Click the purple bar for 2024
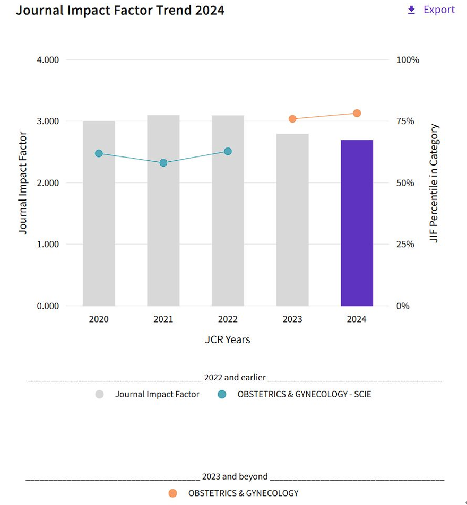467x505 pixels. [357, 223]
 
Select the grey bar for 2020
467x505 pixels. [99, 223]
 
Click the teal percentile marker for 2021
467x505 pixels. [163, 163]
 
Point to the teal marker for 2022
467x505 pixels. [228, 151]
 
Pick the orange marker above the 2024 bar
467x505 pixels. [357, 113]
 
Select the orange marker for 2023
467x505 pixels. [292, 119]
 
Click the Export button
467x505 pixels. [431, 10]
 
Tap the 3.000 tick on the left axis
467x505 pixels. [48, 121]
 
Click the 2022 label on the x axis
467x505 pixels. [228, 319]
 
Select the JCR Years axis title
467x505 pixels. [228, 339]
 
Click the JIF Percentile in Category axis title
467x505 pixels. [435, 183]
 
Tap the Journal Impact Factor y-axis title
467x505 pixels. [23, 183]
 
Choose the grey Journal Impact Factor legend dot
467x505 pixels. [100, 394]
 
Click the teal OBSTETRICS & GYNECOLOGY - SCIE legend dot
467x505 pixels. [222, 394]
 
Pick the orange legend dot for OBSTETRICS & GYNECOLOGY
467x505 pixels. [172, 493]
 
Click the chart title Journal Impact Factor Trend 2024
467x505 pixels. [120, 10]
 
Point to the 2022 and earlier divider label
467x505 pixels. [235, 378]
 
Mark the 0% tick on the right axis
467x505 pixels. [403, 306]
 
